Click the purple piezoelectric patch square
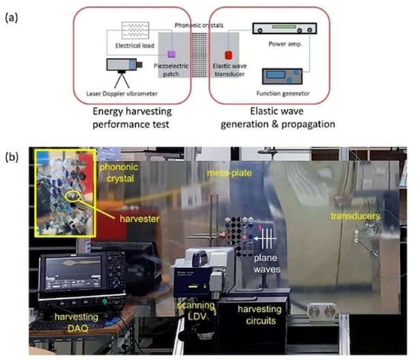click(171, 54)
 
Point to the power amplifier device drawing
click(284, 29)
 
